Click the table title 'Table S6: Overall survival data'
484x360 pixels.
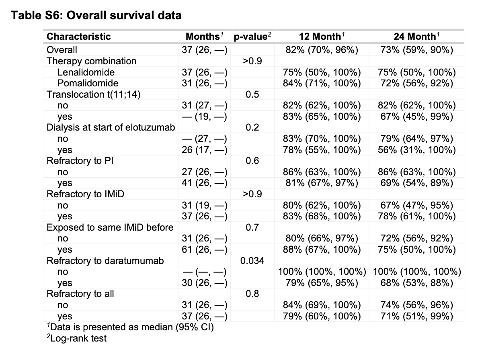click(x=96, y=15)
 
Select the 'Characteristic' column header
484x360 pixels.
click(x=78, y=37)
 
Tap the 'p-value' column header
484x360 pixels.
click(x=252, y=37)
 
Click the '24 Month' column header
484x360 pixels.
click(x=416, y=36)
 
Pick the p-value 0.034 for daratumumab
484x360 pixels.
click(x=252, y=261)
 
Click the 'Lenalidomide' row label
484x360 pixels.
click(x=86, y=72)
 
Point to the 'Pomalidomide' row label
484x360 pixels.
click(x=88, y=83)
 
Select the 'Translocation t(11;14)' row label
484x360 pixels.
click(x=93, y=94)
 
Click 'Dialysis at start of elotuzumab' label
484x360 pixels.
click(x=111, y=127)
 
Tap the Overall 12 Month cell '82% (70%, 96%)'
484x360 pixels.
click(x=322, y=50)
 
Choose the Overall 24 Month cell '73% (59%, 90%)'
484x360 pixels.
click(x=416, y=50)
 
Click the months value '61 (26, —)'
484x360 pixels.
click(x=205, y=250)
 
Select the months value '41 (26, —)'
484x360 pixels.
click(x=205, y=183)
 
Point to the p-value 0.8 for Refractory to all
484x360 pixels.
click(x=252, y=294)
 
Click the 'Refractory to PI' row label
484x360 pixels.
click(x=80, y=161)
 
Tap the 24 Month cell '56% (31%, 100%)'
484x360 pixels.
click(x=416, y=150)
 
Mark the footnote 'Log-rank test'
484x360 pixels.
click(x=77, y=338)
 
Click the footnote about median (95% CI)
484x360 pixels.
click(x=130, y=327)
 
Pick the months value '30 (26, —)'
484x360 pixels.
click(x=205, y=283)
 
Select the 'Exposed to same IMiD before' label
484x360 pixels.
click(x=110, y=227)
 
